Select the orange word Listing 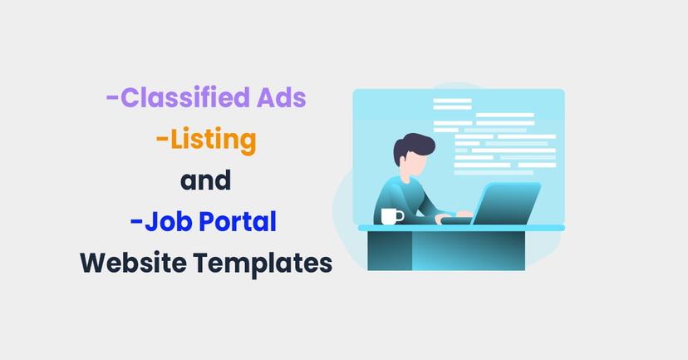coord(213,140)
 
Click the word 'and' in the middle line coord(205,180)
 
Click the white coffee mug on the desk coord(391,216)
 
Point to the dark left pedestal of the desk coord(390,249)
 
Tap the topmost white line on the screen coord(451,101)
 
